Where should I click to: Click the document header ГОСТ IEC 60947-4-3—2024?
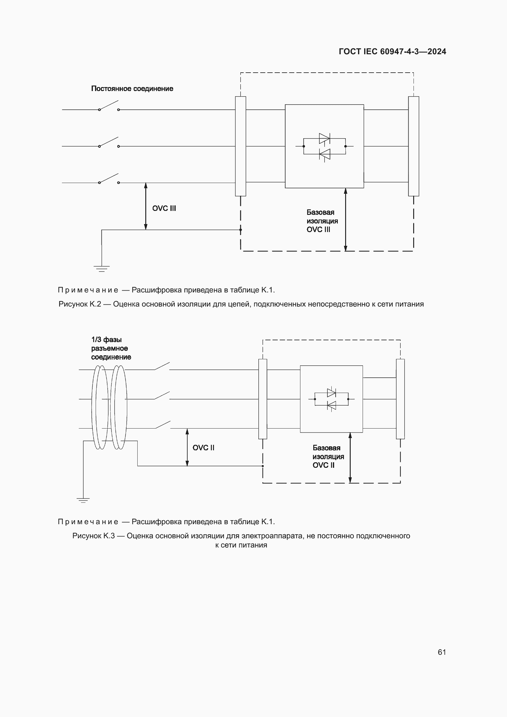click(x=392, y=51)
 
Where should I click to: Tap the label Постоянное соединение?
click(x=132, y=89)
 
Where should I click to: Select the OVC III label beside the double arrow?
click(x=164, y=208)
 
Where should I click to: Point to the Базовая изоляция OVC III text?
click(x=322, y=221)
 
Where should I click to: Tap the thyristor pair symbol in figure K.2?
click(x=324, y=146)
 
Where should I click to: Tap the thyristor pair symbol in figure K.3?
click(x=331, y=399)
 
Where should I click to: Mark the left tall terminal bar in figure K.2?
click(x=240, y=146)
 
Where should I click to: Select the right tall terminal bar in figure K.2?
click(x=414, y=146)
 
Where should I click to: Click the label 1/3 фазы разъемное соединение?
click(x=111, y=348)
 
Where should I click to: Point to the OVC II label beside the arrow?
click(x=203, y=448)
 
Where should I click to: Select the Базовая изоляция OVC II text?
click(x=328, y=456)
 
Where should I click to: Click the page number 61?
click(x=442, y=652)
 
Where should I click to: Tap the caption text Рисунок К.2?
click(x=241, y=304)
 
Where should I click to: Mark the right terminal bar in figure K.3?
click(x=400, y=399)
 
